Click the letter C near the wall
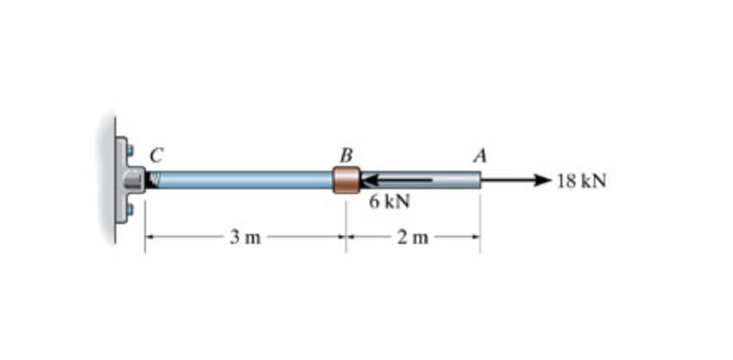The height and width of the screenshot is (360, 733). [155, 153]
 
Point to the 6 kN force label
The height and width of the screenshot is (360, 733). [389, 202]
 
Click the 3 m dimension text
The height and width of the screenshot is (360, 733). [245, 239]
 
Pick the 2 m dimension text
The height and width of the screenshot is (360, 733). [412, 239]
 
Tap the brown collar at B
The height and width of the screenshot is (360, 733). [346, 180]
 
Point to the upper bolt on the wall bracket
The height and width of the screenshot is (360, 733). [129, 150]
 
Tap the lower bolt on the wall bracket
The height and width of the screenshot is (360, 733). [129, 209]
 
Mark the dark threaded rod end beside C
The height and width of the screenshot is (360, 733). [152, 179]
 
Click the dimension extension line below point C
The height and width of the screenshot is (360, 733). [145, 224]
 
